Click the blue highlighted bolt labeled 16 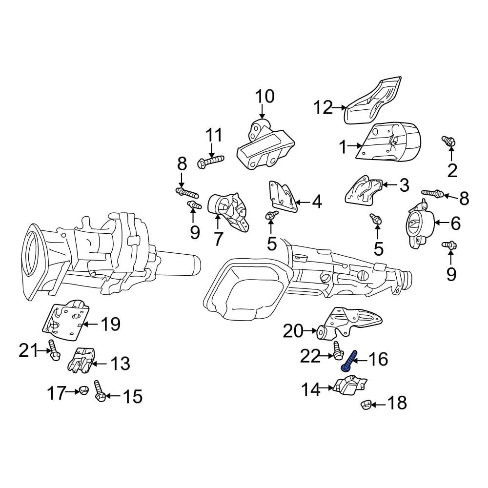click(348, 361)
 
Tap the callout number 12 click(323, 107)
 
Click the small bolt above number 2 click(449, 141)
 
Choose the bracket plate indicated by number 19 click(66, 323)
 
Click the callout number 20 click(293, 331)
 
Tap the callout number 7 click(218, 239)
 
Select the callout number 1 click(343, 146)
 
